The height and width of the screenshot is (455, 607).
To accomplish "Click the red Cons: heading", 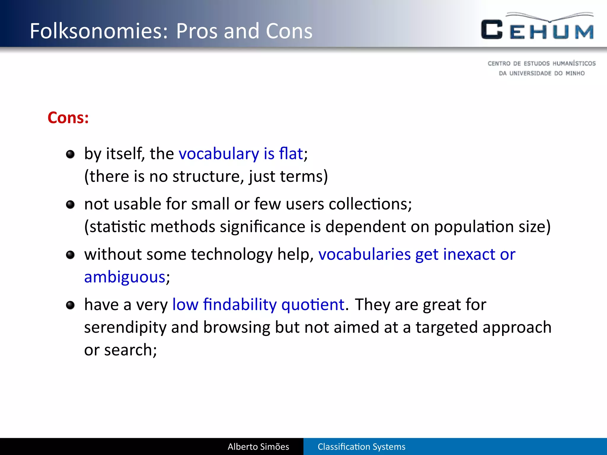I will click(68, 118).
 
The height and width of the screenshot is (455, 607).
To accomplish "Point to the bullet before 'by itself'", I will click(70, 154).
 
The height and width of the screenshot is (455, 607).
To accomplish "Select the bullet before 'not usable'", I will click(70, 204).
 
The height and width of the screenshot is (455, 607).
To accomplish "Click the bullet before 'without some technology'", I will click(70, 255).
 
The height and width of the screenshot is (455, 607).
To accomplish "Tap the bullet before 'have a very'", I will click(70, 305).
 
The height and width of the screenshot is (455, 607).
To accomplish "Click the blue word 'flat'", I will click(291, 153).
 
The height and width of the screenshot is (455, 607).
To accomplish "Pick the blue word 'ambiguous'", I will click(125, 277).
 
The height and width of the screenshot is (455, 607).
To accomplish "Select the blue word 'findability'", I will click(240, 305).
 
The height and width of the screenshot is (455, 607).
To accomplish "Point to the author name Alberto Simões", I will click(258, 446).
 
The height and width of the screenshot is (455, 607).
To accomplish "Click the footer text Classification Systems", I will click(361, 446).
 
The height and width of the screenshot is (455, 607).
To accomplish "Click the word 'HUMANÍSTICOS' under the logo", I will click(574, 63).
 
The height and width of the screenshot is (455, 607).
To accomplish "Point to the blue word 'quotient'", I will click(313, 305).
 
